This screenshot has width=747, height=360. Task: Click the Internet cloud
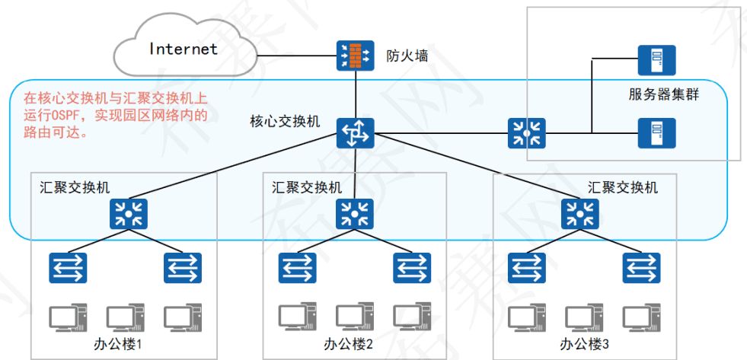[183, 49]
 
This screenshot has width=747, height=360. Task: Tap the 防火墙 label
[407, 55]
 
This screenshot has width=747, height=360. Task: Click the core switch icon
[355, 133]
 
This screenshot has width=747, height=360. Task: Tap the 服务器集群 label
[664, 95]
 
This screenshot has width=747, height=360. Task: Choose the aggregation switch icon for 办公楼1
[126, 214]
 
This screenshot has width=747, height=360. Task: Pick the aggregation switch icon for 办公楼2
[355, 214]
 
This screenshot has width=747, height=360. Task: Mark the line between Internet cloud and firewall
[297, 55]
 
